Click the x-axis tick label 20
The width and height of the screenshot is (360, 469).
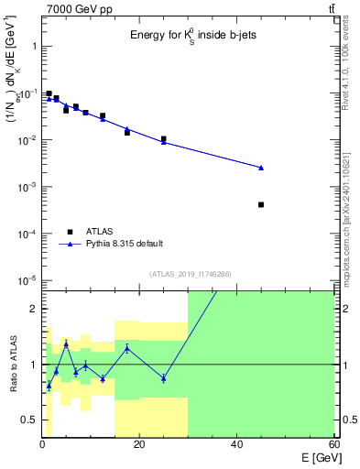click(x=139, y=444)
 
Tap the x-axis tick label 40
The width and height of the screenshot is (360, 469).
click(x=236, y=444)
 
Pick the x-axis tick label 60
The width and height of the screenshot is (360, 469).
click(x=333, y=444)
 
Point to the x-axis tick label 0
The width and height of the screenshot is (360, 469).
click(x=42, y=444)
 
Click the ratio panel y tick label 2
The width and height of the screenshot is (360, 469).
click(x=32, y=309)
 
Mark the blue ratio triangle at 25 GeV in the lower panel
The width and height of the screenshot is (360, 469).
click(x=163, y=377)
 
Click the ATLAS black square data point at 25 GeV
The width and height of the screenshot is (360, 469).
click(x=163, y=139)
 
